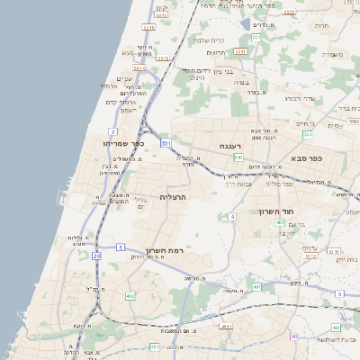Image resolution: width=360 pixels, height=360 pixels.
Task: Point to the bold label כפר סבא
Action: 306,157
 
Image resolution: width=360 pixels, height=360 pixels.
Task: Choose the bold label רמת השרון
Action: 162,249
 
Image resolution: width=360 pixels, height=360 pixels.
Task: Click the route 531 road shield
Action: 166,143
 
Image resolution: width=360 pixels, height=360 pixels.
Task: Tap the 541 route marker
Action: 238,157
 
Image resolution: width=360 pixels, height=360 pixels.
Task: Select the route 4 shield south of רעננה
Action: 232,217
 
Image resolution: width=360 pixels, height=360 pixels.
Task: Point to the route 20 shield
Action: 96,256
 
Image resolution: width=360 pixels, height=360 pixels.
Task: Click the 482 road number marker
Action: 130,294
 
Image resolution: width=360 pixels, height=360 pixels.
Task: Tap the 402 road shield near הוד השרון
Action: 281,222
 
